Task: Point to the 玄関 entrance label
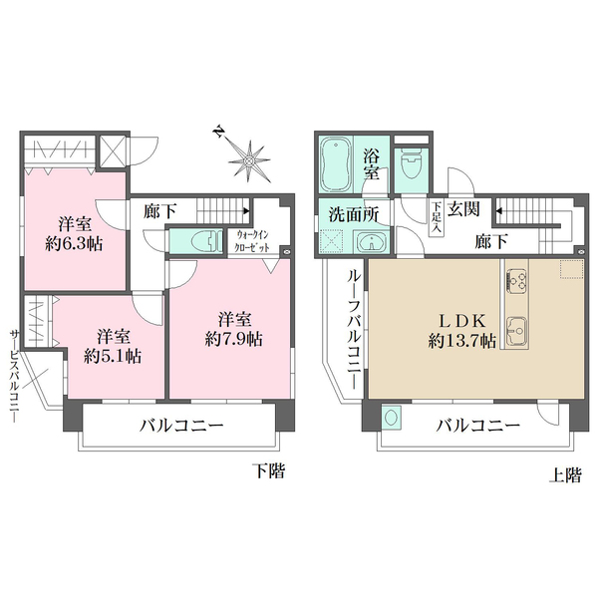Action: point(464,210)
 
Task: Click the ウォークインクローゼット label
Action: point(250,241)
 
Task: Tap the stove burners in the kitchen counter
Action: point(517,282)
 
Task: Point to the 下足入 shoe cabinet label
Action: point(437,218)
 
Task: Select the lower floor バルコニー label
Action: point(179,426)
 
